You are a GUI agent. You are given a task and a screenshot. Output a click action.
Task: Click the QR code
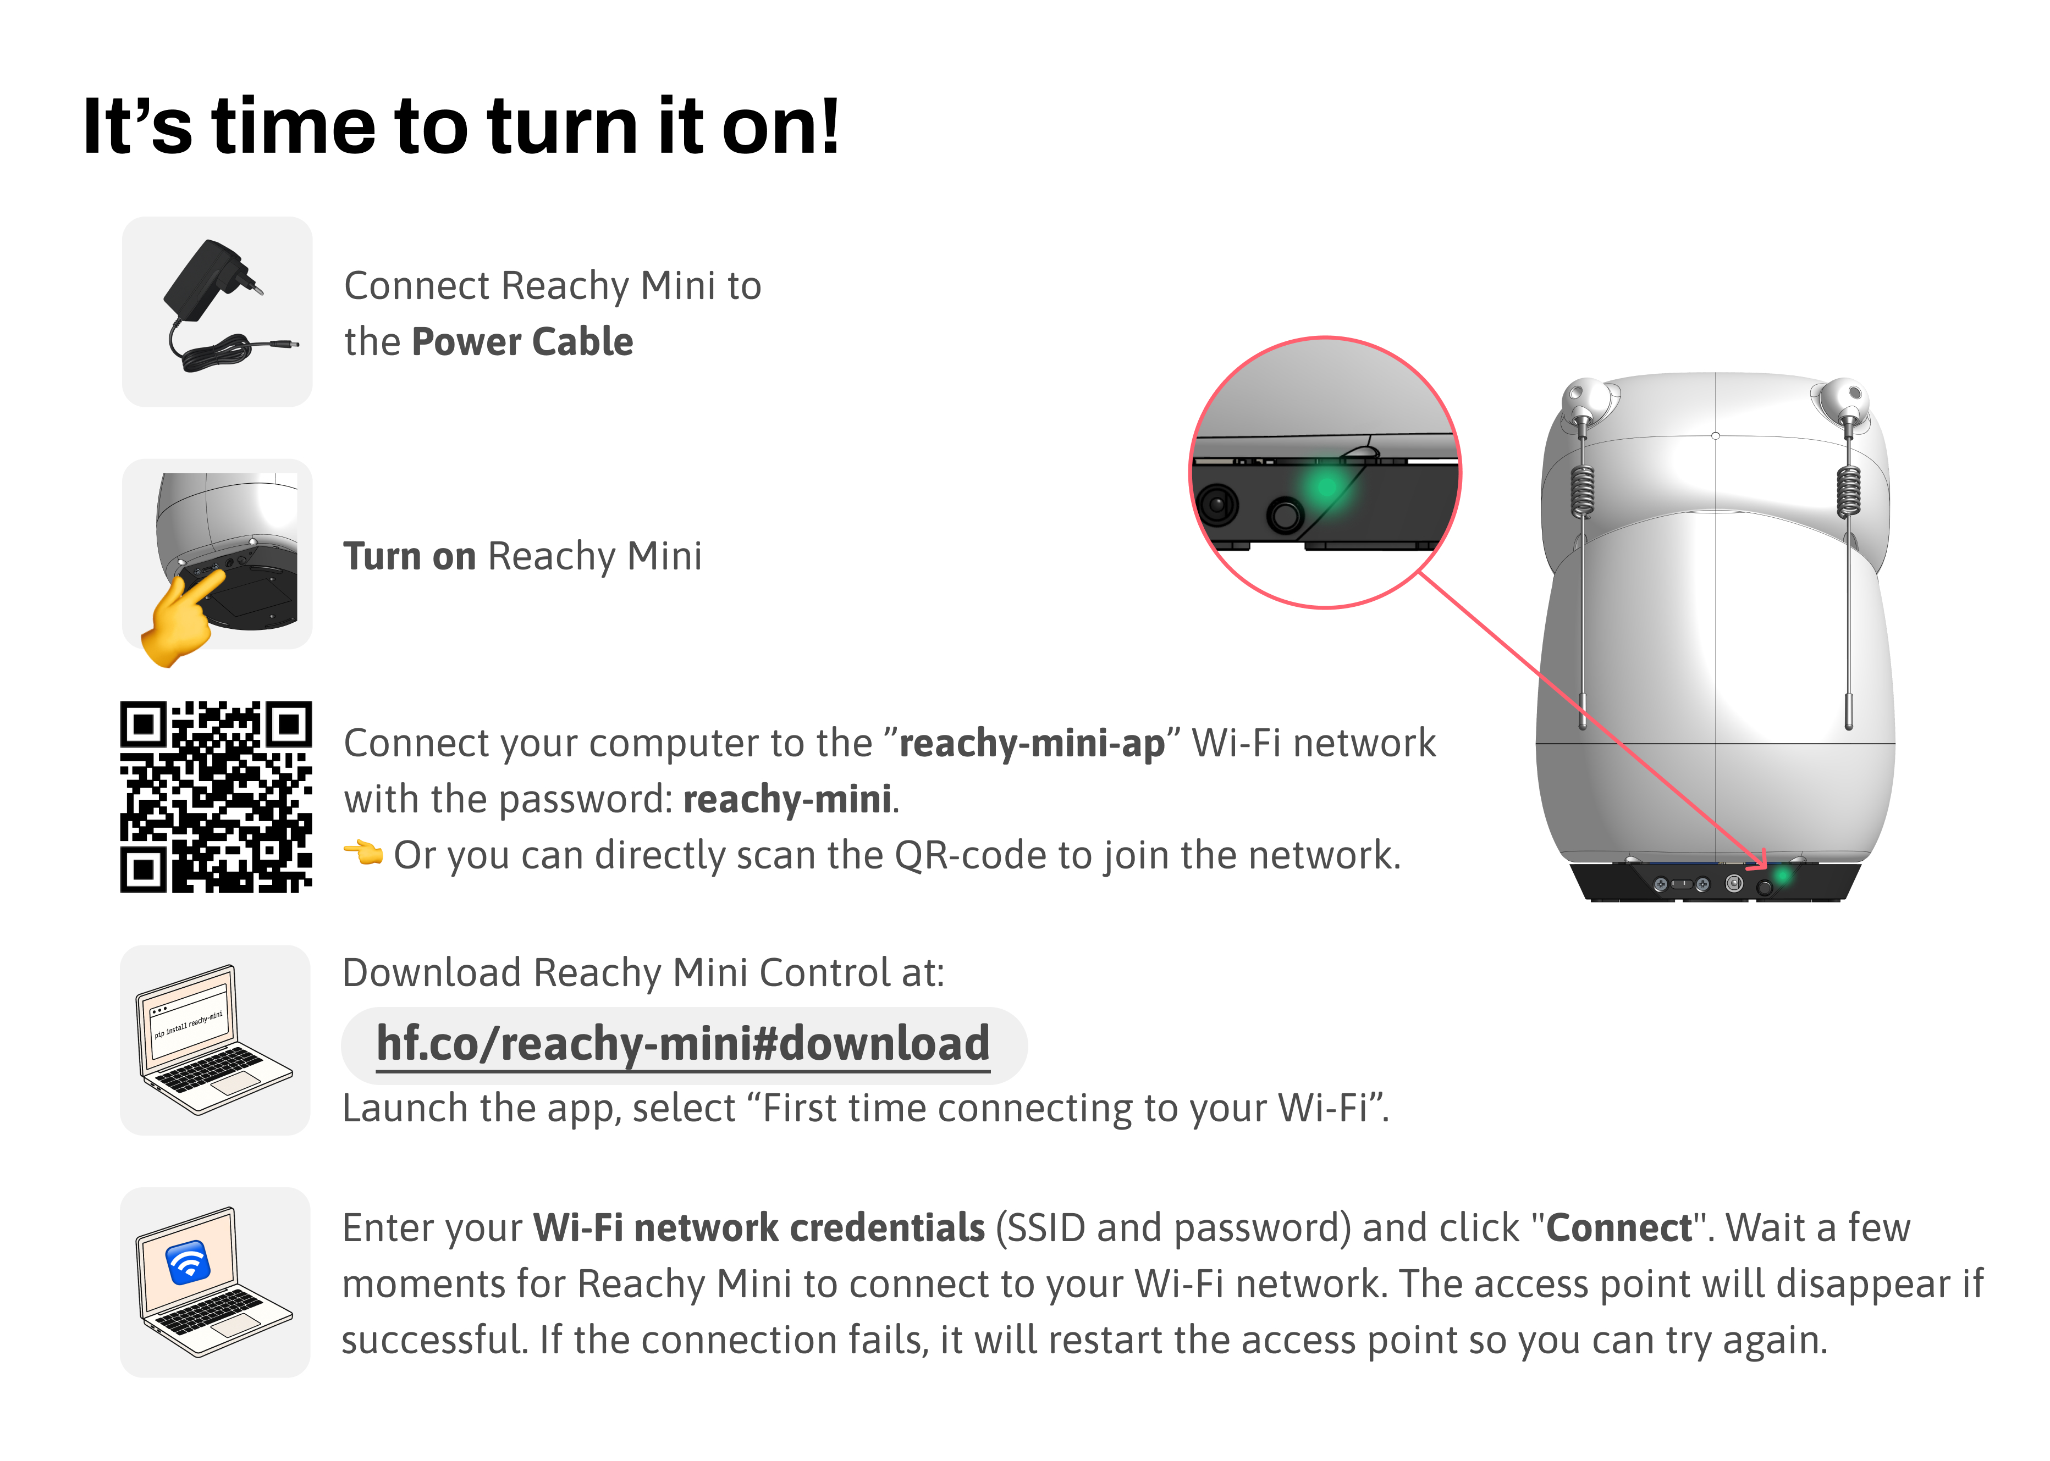pos(216,797)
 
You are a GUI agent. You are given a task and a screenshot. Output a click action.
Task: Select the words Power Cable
pos(523,342)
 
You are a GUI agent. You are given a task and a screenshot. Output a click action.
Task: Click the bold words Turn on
pos(410,556)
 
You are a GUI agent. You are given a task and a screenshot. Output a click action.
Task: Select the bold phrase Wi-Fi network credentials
pos(759,1228)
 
